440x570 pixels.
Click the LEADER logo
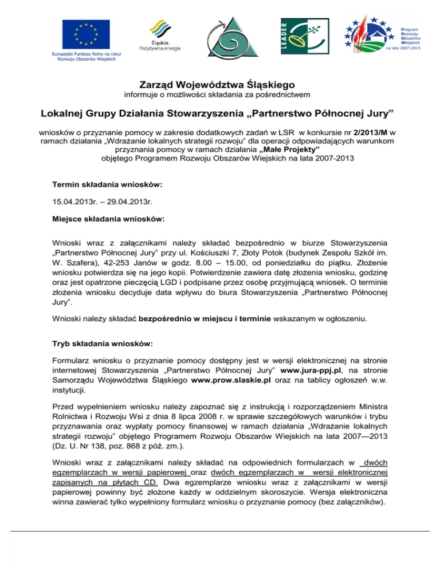point(302,36)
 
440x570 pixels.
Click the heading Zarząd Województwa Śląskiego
point(220,84)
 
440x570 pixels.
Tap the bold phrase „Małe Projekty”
point(290,150)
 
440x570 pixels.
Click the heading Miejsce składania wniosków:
point(108,219)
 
